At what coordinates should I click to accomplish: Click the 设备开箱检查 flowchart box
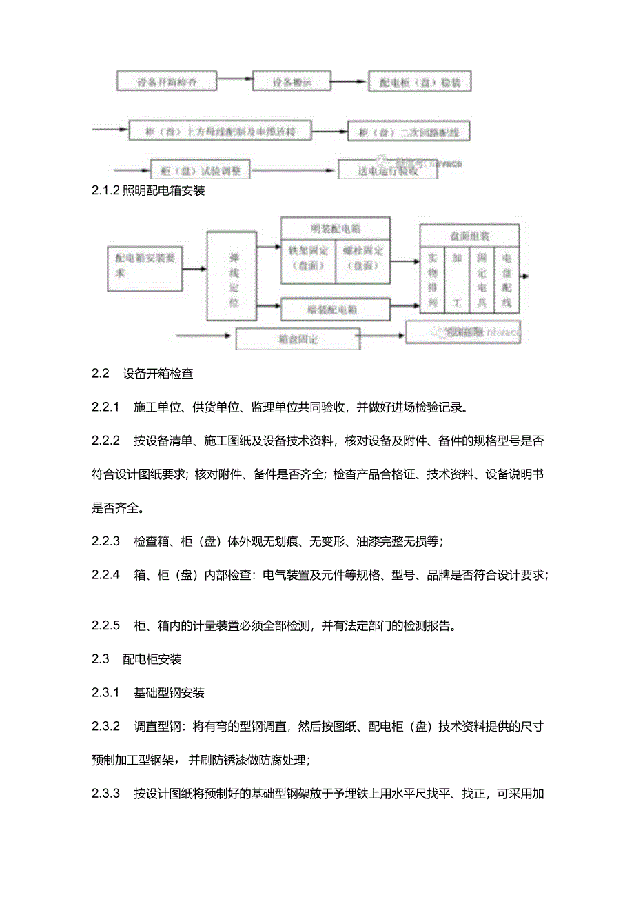point(167,81)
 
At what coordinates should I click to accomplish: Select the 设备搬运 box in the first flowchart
point(292,81)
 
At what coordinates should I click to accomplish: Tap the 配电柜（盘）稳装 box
point(420,83)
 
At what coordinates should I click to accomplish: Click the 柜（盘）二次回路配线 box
point(409,131)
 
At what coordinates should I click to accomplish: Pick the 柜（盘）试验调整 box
point(200,170)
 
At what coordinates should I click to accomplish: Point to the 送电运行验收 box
point(387,170)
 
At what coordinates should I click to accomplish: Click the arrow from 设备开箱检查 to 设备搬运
point(235,81)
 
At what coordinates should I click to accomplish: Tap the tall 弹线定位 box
point(233,276)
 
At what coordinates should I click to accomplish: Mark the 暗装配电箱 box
point(335,309)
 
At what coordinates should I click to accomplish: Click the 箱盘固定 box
point(298,339)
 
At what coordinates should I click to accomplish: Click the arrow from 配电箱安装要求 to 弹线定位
point(195,269)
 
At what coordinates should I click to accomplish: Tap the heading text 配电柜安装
point(152,658)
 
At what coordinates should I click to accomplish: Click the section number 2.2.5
point(105,625)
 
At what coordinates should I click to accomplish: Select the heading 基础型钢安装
point(169,692)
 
